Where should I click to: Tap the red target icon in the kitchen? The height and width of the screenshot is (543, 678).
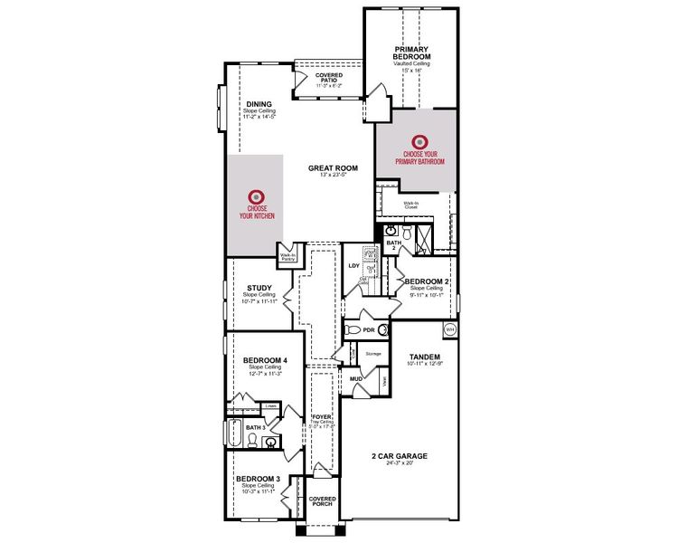256,195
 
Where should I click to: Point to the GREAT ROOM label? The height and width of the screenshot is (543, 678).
333,167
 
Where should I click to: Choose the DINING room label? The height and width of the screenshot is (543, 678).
259,104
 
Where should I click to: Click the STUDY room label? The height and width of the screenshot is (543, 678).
259,289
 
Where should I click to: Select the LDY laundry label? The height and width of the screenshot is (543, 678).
354,266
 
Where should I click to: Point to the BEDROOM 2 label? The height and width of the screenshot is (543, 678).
427,281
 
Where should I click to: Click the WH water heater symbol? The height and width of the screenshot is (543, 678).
450,329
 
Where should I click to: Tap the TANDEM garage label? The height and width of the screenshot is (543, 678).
423,356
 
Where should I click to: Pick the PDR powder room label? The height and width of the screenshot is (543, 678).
368,330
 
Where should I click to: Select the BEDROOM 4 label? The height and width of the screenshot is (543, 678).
265,360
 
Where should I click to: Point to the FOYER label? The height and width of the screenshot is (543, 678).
322,417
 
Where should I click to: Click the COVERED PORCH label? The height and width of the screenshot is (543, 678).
323,501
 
